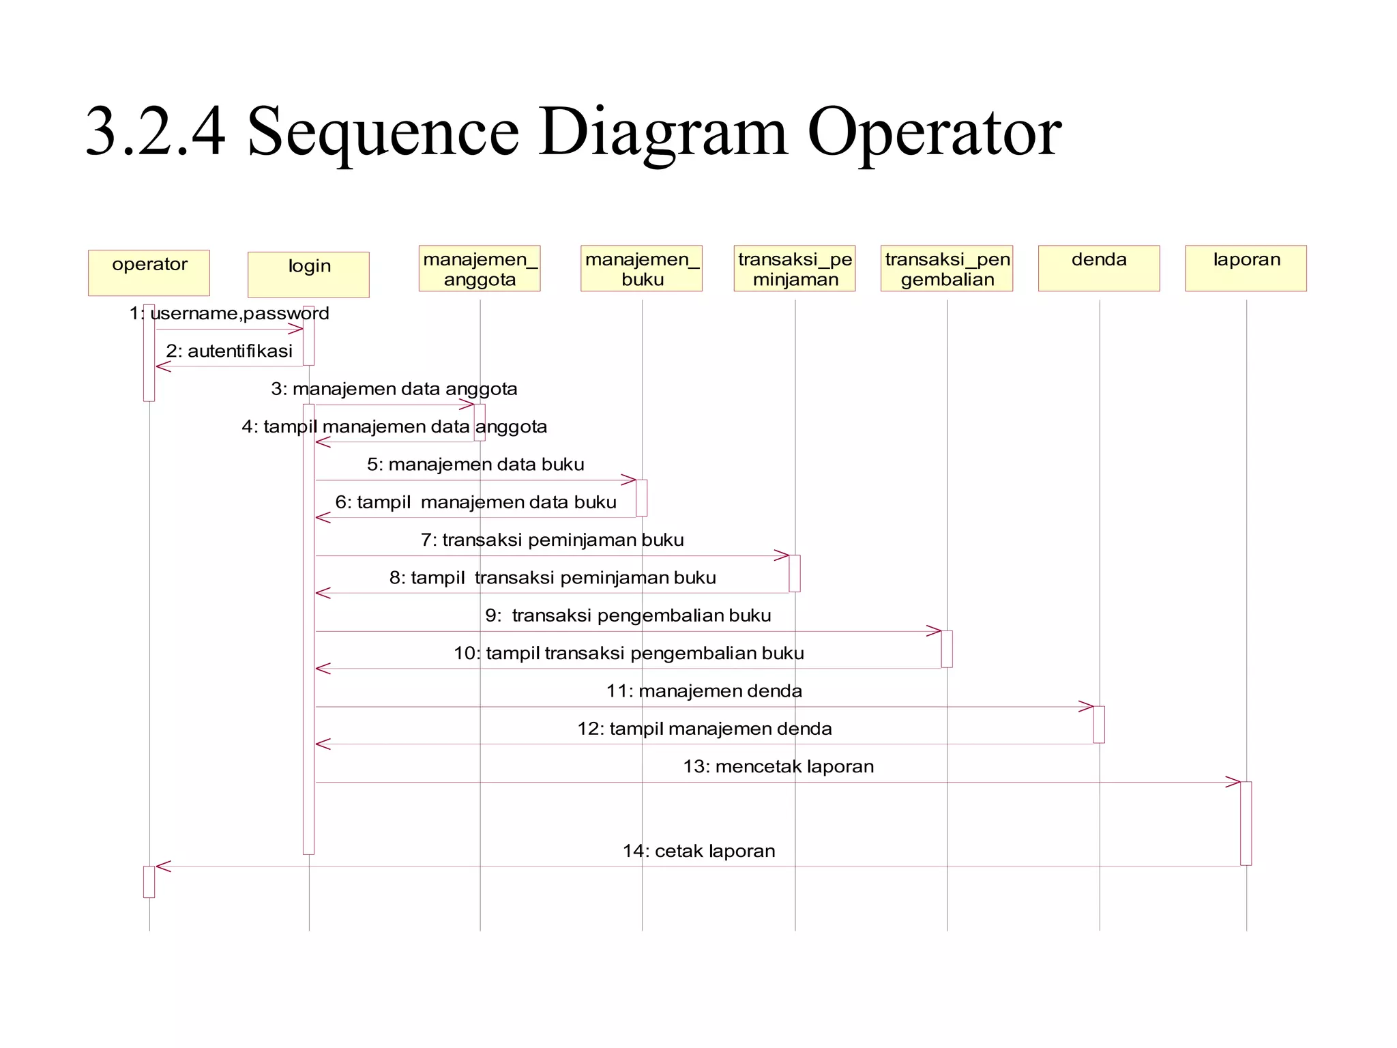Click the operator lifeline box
pyautogui.click(x=149, y=272)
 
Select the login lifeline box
pyautogui.click(x=308, y=274)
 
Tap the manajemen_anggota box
pyautogui.click(x=480, y=268)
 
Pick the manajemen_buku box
pyautogui.click(x=641, y=268)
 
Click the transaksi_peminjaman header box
pyautogui.click(x=794, y=268)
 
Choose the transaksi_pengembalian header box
pyautogui.click(x=946, y=268)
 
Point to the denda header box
pyautogui.click(x=1098, y=268)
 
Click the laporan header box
pyautogui.click(x=1246, y=268)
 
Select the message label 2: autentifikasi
pyautogui.click(x=229, y=351)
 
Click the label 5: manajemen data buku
pyautogui.click(x=475, y=465)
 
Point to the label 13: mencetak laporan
pyautogui.click(x=778, y=766)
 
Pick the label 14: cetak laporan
pyautogui.click(x=698, y=851)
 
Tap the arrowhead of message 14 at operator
pyautogui.click(x=162, y=867)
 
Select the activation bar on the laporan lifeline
pyautogui.click(x=1246, y=823)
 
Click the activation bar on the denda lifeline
pyautogui.click(x=1099, y=724)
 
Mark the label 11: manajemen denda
pyautogui.click(x=704, y=691)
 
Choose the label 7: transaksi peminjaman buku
pyautogui.click(x=552, y=540)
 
